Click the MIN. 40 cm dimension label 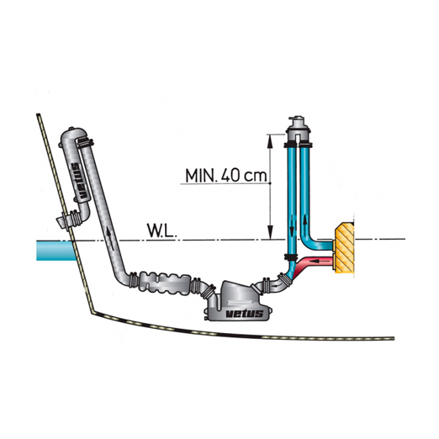click(x=226, y=176)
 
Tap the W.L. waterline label click(x=162, y=231)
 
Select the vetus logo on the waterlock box click(x=245, y=314)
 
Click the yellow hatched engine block click(x=344, y=248)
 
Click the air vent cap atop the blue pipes click(x=298, y=125)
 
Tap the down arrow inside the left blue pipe click(x=292, y=225)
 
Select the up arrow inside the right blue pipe click(x=304, y=224)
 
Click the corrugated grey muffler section click(x=165, y=283)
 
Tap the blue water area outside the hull click(x=56, y=251)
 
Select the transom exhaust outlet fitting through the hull click(x=69, y=220)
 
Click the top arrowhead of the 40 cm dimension click(x=270, y=141)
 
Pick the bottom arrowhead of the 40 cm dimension click(x=270, y=232)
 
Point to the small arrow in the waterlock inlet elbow click(x=277, y=286)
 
